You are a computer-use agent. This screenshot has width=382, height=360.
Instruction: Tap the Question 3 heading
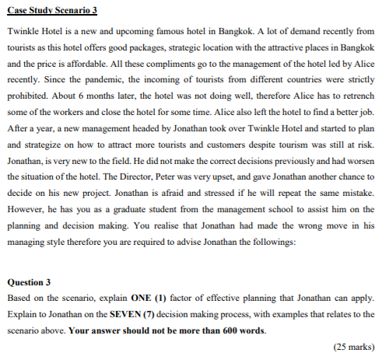pyautogui.click(x=29, y=281)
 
